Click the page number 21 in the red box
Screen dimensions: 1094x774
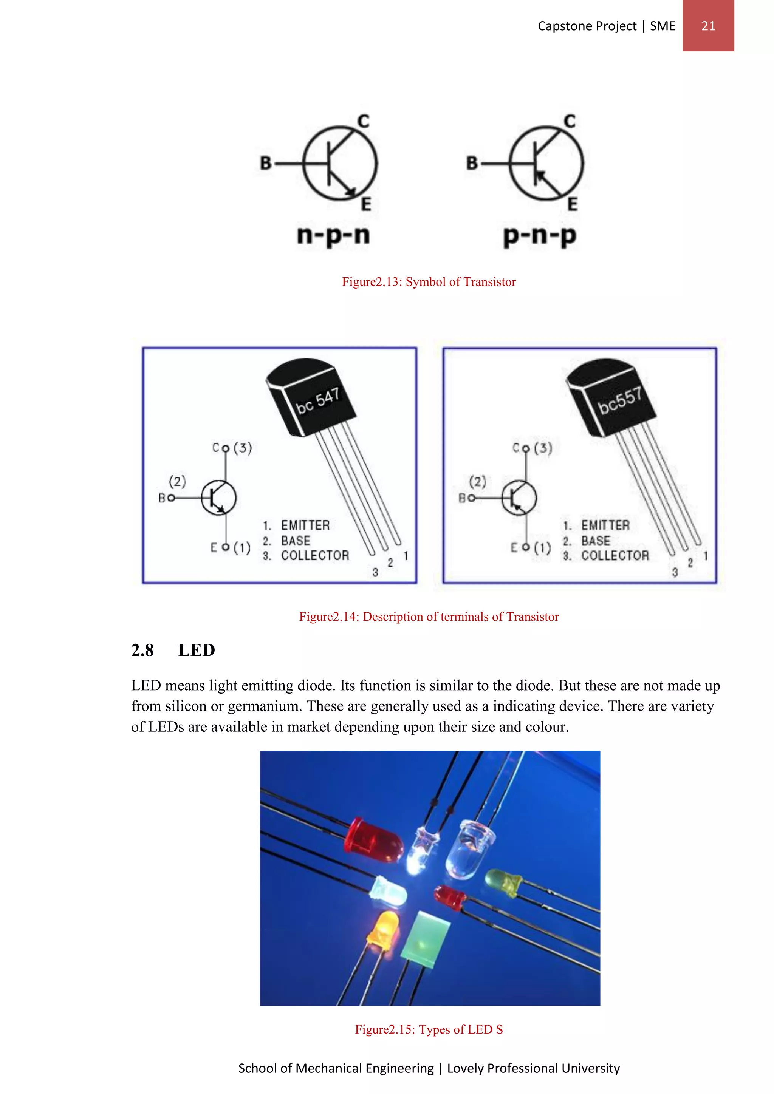708,26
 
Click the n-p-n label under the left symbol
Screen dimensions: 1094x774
333,235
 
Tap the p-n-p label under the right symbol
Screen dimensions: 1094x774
540,235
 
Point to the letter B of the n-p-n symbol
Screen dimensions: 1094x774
265,164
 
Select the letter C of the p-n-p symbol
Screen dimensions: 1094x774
570,122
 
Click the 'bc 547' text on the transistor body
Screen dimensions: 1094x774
318,401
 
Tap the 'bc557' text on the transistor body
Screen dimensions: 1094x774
620,401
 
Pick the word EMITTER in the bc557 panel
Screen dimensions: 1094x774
605,525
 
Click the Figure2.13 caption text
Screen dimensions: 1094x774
429,281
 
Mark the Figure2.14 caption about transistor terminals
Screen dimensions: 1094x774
429,617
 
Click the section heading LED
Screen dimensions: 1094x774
197,650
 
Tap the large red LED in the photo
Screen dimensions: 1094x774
373,841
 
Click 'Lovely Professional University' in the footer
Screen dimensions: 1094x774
533,1068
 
